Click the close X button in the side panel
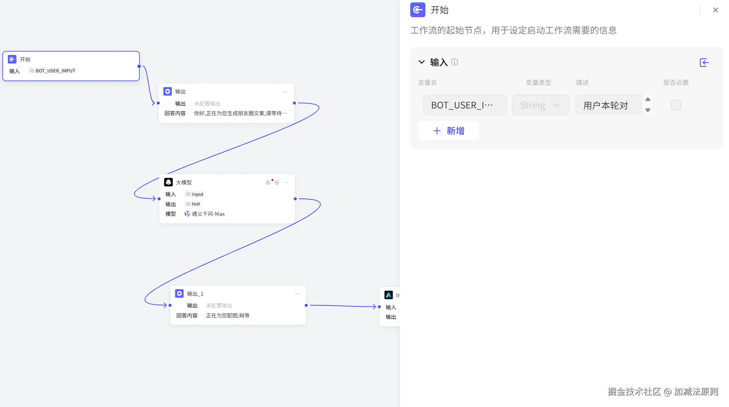click(x=715, y=10)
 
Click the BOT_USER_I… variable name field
click(x=464, y=105)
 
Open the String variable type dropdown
click(x=540, y=105)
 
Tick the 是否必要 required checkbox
click(x=675, y=105)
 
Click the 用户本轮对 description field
click(x=609, y=105)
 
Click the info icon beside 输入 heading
click(x=454, y=62)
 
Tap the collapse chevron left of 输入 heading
click(x=421, y=62)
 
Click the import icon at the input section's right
click(x=704, y=63)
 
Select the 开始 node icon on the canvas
click(x=12, y=59)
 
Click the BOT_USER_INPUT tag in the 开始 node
click(x=52, y=71)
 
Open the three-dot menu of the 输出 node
click(x=285, y=92)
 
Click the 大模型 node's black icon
click(x=168, y=182)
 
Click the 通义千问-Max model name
click(x=208, y=214)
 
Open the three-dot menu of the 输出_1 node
click(x=297, y=294)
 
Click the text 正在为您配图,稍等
click(x=228, y=316)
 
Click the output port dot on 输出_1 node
click(x=306, y=305)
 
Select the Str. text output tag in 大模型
click(x=193, y=204)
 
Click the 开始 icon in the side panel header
click(x=417, y=10)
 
